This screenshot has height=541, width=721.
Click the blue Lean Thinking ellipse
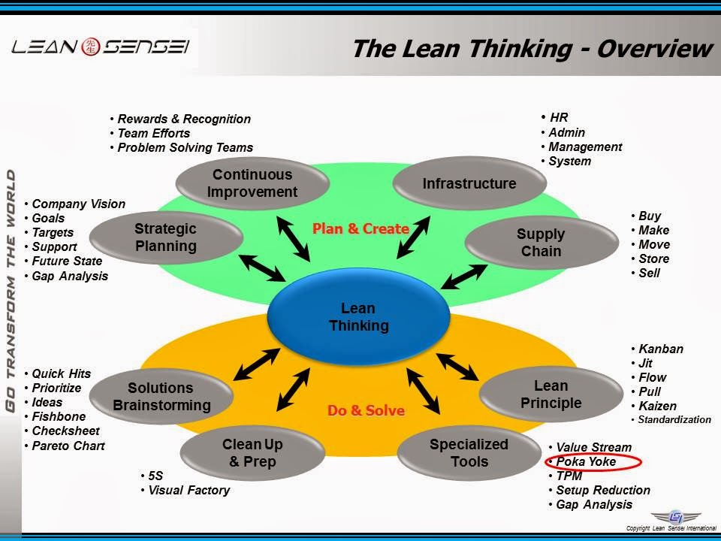pyautogui.click(x=358, y=318)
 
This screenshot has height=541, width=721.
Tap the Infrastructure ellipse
pyautogui.click(x=469, y=183)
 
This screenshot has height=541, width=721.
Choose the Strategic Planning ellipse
pyautogui.click(x=165, y=237)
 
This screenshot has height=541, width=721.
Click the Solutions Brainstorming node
pyautogui.click(x=161, y=397)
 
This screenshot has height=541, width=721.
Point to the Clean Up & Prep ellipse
pyautogui.click(x=252, y=453)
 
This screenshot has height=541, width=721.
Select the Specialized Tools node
pyautogui.click(x=469, y=453)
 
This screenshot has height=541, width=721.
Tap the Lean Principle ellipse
pyautogui.click(x=551, y=394)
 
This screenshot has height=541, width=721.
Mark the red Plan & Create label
pyautogui.click(x=360, y=228)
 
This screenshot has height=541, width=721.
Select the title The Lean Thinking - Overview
pyautogui.click(x=531, y=49)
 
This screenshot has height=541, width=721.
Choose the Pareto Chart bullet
pyautogui.click(x=68, y=446)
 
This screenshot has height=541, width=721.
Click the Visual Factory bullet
pyautogui.click(x=189, y=491)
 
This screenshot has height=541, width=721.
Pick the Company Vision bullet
pyautogui.click(x=78, y=204)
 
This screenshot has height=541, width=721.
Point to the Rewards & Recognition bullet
pyautogui.click(x=184, y=119)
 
